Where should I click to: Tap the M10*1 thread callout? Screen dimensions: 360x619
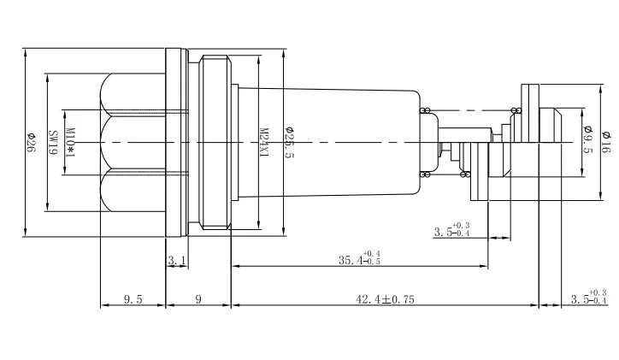click(73, 142)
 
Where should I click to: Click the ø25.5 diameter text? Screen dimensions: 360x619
click(288, 142)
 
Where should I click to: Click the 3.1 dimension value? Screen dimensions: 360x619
click(176, 259)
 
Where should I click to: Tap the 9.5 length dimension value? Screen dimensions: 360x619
click(133, 298)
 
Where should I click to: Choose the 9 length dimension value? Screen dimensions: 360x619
click(197, 298)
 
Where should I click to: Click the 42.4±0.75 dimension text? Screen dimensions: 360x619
click(384, 298)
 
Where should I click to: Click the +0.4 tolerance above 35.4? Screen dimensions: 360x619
click(372, 253)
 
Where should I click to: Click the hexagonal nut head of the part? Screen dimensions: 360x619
click(133, 142)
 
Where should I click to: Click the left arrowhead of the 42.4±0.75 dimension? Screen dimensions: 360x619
click(234, 304)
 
